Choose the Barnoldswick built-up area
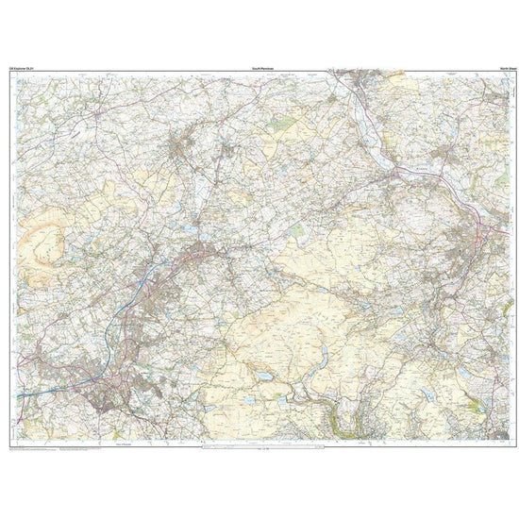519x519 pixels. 179,146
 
